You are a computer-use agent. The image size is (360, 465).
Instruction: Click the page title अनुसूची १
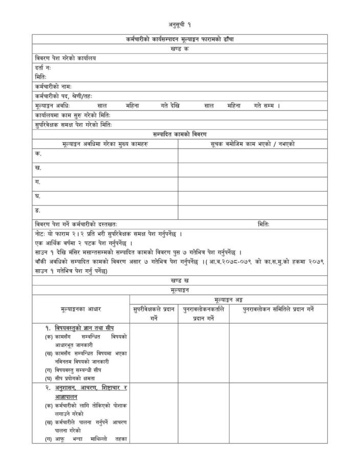[180, 25]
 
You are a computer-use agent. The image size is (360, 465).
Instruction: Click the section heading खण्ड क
[180, 49]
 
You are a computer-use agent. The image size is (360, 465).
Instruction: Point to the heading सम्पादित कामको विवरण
[180, 134]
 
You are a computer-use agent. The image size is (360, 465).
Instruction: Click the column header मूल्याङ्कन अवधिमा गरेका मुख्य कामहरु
[105, 144]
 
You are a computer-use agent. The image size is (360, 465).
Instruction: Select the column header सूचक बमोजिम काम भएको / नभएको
[253, 144]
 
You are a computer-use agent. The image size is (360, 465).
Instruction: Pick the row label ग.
[37, 182]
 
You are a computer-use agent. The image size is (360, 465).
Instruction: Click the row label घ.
[37, 196]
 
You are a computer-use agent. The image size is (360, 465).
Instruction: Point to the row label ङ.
[37, 210]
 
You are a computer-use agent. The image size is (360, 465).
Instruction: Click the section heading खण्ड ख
[180, 281]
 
